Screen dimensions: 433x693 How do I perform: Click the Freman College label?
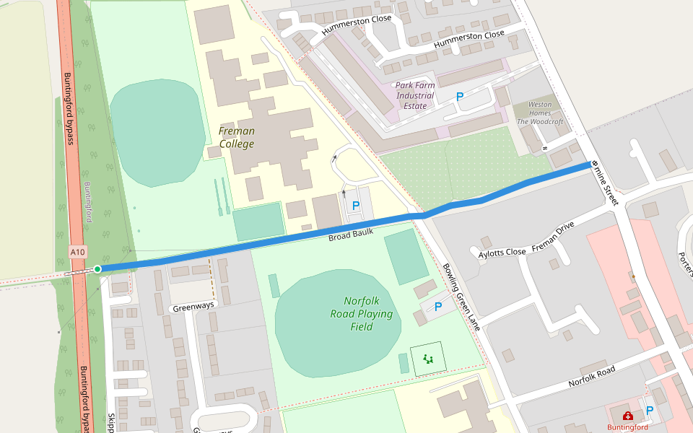237,137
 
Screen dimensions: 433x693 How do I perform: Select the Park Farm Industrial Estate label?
415,95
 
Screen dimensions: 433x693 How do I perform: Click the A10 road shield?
78,252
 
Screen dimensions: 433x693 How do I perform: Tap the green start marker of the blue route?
97,269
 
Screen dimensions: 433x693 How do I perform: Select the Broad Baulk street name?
351,235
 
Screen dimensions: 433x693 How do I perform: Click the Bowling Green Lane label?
461,296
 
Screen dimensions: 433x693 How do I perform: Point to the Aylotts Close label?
502,253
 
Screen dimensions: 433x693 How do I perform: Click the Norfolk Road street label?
591,375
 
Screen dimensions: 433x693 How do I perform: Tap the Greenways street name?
193,306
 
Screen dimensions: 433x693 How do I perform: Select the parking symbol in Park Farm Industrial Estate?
459,96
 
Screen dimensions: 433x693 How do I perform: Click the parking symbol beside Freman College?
355,206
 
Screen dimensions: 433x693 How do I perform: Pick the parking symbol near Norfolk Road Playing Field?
437,307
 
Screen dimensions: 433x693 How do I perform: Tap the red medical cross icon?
627,416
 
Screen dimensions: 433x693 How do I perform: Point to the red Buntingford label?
627,427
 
